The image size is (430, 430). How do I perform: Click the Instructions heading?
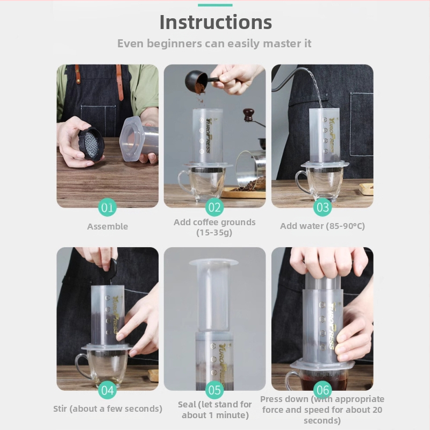tap(216, 22)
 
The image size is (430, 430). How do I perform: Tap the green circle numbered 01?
tap(107, 207)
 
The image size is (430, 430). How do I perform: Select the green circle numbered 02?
tap(214, 207)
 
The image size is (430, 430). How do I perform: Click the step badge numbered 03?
tap(322, 207)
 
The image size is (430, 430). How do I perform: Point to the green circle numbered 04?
tap(107, 390)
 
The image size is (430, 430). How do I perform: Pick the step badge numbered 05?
tap(214, 390)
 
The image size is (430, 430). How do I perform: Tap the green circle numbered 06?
tap(322, 390)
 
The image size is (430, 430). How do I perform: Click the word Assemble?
tap(107, 226)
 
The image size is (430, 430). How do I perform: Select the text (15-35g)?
tap(214, 233)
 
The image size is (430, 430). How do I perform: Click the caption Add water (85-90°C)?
tap(322, 226)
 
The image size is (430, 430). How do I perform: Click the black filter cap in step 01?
tap(91, 144)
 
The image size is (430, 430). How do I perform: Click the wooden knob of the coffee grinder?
tap(249, 114)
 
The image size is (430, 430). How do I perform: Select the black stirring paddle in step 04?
tap(109, 270)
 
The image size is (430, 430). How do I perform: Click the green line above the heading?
tap(215, 5)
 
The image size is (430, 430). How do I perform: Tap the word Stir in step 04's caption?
tap(60, 408)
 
